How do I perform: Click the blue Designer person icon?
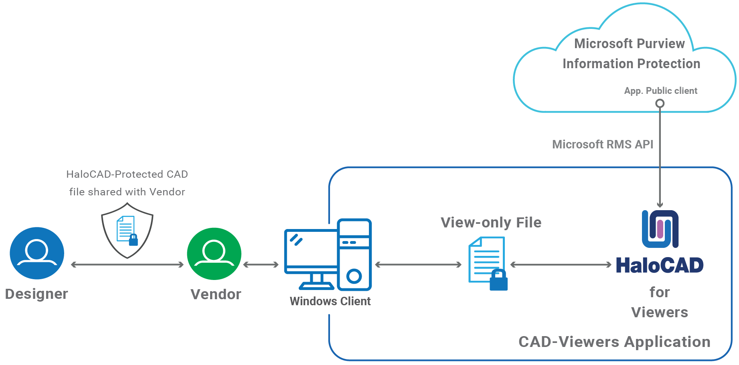[37, 253]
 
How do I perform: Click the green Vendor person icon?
[214, 253]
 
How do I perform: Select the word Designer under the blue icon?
[36, 294]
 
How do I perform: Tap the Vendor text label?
[216, 294]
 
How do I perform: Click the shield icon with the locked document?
[127, 231]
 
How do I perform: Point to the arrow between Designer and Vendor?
[127, 264]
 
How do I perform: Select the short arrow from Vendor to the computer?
[261, 264]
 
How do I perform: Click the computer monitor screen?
[311, 251]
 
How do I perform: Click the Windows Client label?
[330, 301]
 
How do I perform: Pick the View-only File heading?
[491, 223]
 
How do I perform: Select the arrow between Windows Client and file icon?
[418, 264]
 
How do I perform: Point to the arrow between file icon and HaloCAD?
[561, 264]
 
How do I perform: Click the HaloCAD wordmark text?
[660, 266]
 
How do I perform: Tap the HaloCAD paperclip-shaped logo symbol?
[660, 229]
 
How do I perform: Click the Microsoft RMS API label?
[602, 144]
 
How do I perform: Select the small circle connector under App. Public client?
[660, 103]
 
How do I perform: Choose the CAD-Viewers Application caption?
[614, 342]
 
